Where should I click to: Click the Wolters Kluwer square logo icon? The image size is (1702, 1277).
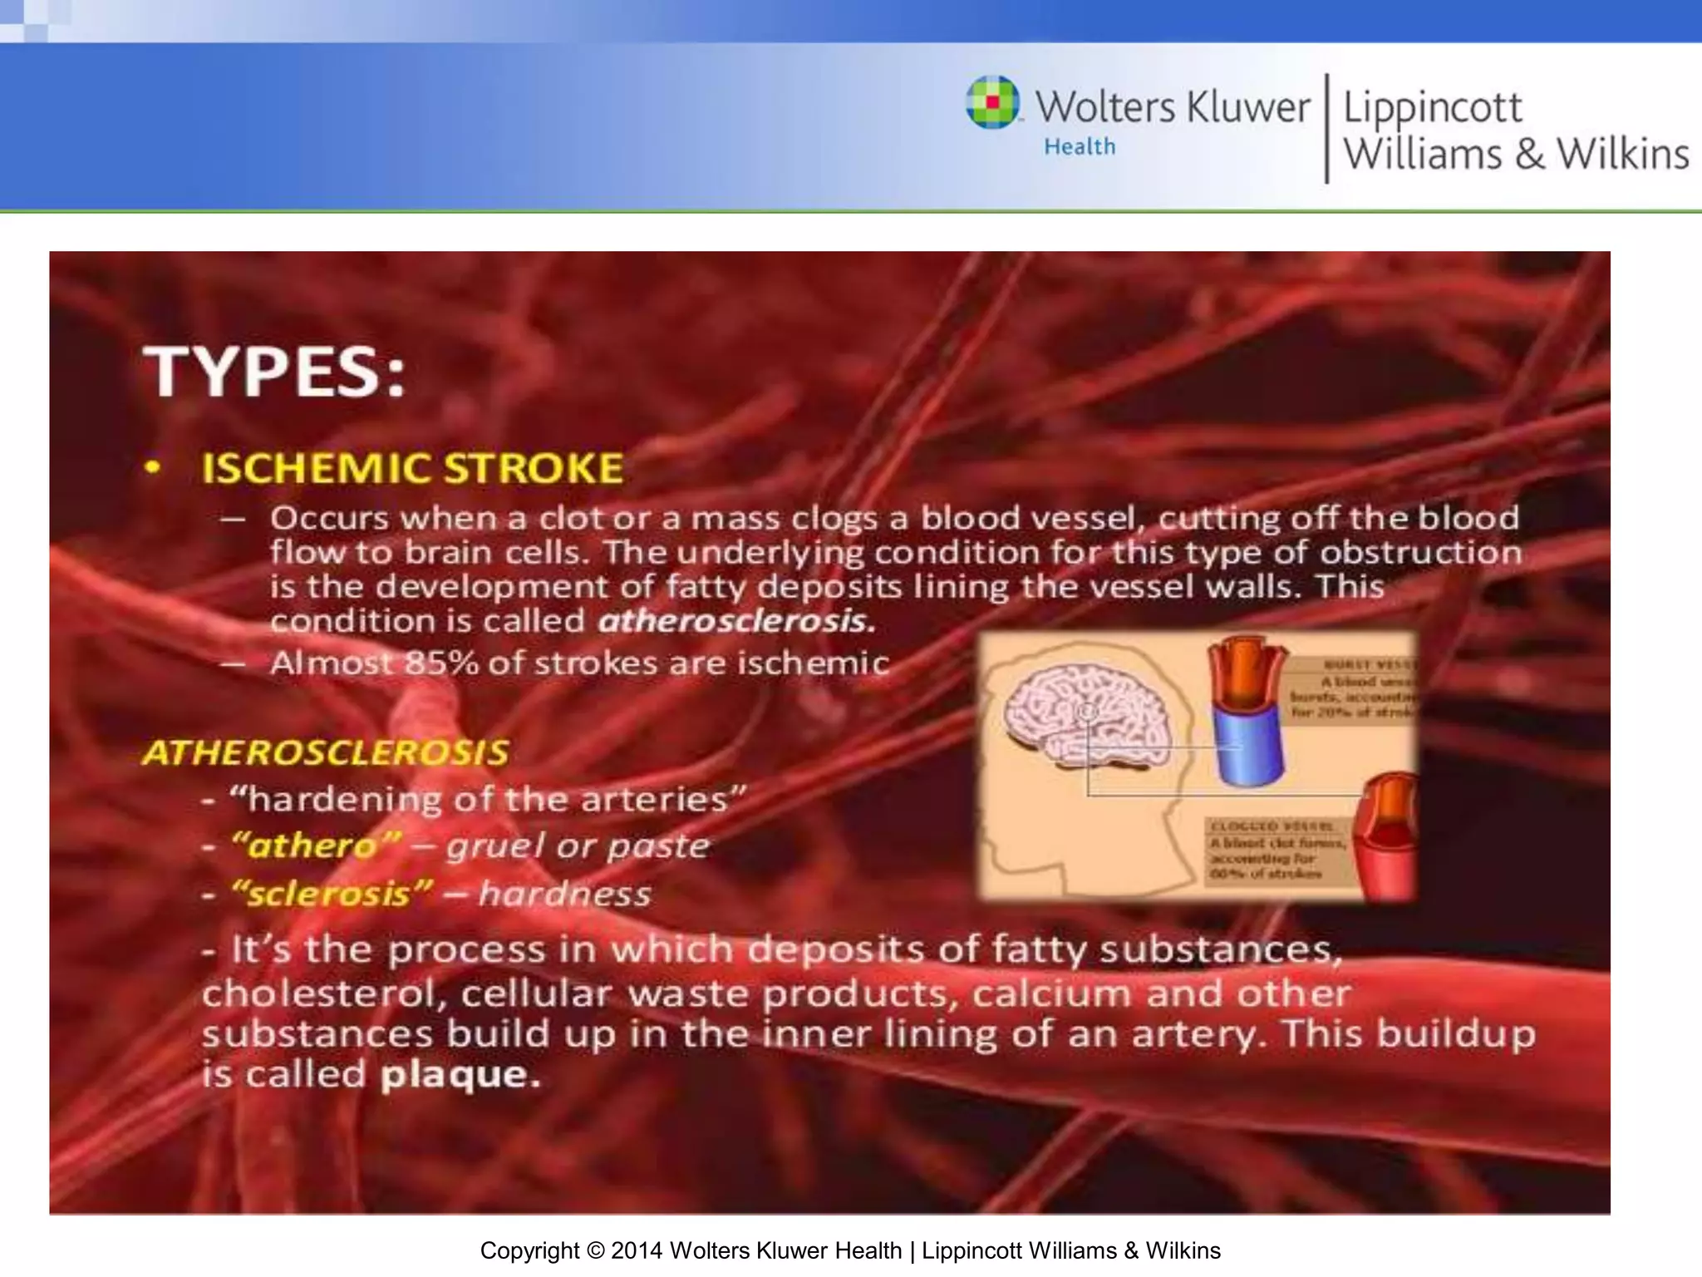(992, 102)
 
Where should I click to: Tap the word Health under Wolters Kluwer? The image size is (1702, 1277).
(1080, 147)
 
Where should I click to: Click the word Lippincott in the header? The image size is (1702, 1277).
(1432, 108)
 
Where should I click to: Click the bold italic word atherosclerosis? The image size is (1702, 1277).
(736, 621)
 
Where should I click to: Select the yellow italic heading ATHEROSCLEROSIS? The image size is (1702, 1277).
(325, 752)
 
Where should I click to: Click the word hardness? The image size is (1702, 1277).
(565, 895)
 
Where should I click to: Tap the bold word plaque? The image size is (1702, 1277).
(460, 1074)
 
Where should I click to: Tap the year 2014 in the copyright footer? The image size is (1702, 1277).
(637, 1250)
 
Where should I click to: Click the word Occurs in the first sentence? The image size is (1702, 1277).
(329, 519)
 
